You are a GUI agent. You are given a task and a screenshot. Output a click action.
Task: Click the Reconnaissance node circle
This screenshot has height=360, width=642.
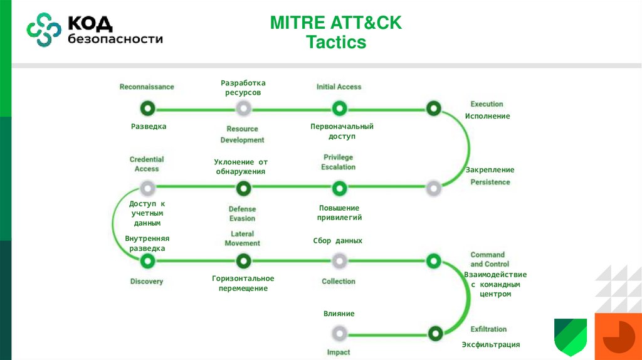tap(147, 109)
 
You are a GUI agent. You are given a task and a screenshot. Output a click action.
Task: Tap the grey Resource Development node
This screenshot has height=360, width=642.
tap(243, 109)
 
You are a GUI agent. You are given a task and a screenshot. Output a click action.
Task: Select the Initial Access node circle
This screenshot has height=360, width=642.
tap(339, 109)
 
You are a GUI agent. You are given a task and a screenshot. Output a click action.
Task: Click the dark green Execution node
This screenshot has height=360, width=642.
tap(433, 109)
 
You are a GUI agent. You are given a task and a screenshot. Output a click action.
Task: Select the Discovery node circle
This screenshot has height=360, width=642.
tap(147, 260)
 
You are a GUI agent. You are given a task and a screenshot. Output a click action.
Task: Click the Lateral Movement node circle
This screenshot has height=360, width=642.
tap(243, 260)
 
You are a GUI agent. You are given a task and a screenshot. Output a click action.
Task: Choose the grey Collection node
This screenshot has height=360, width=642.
tap(339, 260)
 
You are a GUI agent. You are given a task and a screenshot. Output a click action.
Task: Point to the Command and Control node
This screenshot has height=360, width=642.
tap(433, 260)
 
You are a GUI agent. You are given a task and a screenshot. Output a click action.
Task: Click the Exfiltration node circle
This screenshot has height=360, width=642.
tap(433, 332)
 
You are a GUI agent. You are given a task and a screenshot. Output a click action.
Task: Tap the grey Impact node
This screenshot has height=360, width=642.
tap(339, 332)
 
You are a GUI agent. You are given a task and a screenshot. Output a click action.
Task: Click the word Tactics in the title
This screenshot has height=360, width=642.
tap(336, 42)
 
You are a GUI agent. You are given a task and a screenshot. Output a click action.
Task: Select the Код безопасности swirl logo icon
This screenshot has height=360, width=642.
tap(43, 29)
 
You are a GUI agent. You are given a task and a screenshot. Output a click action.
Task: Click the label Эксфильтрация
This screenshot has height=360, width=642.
tap(491, 344)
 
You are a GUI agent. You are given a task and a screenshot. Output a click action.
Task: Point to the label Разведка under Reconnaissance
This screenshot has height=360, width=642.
tap(149, 126)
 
